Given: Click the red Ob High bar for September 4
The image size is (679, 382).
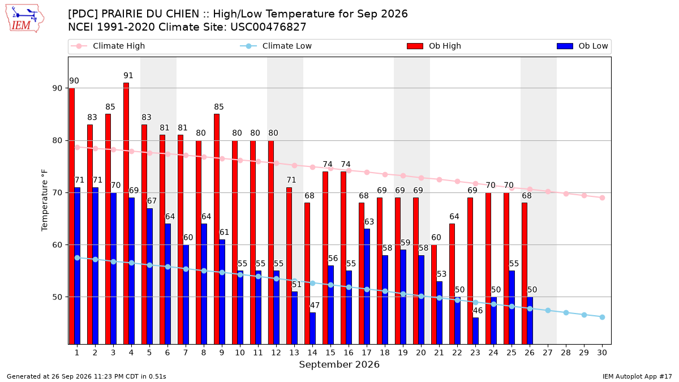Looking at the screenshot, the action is point(126,213).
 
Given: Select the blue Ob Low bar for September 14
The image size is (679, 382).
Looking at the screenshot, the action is point(312,328).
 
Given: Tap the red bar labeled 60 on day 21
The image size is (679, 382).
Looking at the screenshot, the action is point(434,294).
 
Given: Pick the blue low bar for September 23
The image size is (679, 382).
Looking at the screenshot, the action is point(476,331).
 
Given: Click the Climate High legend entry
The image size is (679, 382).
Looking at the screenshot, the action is point(108,46).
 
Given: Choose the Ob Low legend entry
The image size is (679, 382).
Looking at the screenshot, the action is point(582,46).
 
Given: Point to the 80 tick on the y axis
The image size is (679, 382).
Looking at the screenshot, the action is point(57,141).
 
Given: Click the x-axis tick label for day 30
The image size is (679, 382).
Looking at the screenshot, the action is point(602,353).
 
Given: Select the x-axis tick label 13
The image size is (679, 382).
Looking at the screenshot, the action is point(294,353).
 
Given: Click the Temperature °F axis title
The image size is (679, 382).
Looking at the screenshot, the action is point(45,200).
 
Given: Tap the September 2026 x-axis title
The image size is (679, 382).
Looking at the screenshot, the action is point(339,364).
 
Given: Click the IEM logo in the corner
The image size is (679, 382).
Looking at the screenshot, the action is point(25,18).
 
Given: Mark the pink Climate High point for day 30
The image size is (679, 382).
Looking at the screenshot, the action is point(602,198).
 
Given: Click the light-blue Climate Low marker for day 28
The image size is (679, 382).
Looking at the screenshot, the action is point(566,312).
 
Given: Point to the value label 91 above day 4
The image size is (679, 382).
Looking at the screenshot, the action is point(128,75).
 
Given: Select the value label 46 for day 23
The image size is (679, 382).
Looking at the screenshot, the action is point(478,311).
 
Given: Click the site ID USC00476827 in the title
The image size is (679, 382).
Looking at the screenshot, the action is point(268,27).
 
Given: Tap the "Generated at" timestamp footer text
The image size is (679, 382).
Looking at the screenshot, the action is point(87,376).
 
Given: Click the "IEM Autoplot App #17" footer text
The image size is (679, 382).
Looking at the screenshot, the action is point(637,376).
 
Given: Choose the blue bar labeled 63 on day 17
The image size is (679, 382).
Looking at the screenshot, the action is point(367,286).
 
